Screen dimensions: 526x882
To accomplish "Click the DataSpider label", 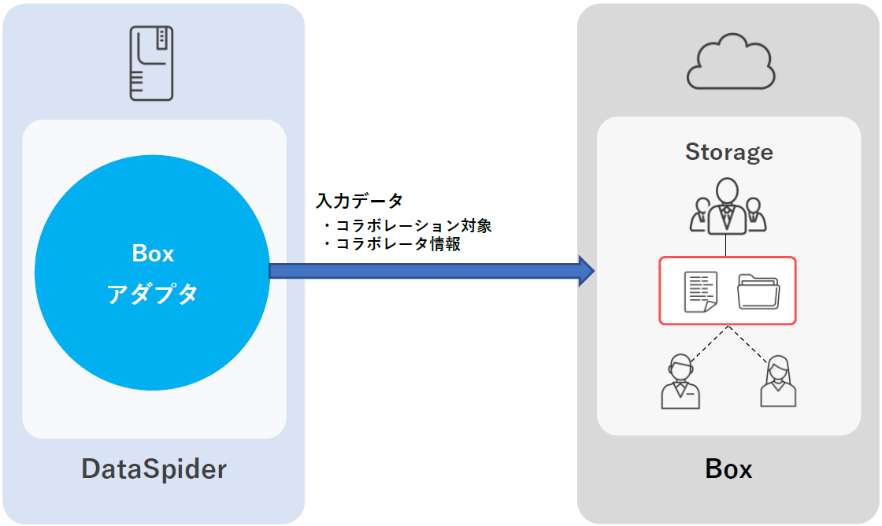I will tap(154, 469).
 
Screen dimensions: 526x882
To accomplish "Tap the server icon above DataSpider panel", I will tap(151, 63).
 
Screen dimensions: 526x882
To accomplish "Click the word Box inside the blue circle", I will tap(153, 254).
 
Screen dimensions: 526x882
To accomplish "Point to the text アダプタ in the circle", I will tap(153, 294).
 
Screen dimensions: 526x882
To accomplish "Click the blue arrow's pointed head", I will tap(586, 271).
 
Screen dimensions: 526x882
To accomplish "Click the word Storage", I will tap(728, 151).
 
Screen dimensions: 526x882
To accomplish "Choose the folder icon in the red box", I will tap(758, 291).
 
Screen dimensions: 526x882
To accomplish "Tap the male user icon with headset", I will tap(680, 382).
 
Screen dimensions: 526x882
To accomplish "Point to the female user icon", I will tap(778, 382).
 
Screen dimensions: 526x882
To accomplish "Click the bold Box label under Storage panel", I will tap(728, 469).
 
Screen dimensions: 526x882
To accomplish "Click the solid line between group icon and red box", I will tap(726, 246).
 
